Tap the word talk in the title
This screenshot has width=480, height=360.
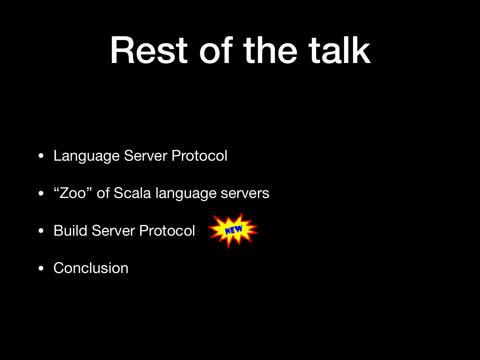[x=339, y=50]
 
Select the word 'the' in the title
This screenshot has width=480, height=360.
[x=270, y=50]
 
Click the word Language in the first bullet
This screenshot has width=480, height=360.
[x=87, y=156]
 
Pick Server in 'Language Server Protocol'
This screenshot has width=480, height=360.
[x=146, y=156]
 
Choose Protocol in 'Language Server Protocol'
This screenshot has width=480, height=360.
[x=199, y=156]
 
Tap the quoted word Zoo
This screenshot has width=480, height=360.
[x=73, y=193]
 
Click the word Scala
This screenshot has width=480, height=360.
[x=132, y=193]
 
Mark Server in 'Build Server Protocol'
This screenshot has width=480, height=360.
[x=113, y=231]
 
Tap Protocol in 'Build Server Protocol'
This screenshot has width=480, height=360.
[x=167, y=231]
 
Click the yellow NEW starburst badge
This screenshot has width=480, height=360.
[x=233, y=230]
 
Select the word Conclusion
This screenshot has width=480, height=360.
[x=91, y=268]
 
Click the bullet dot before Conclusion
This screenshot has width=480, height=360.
[x=41, y=268]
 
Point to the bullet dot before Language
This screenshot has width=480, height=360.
[x=41, y=156]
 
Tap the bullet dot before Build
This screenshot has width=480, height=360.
[x=41, y=231]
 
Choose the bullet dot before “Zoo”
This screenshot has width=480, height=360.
[x=41, y=193]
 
